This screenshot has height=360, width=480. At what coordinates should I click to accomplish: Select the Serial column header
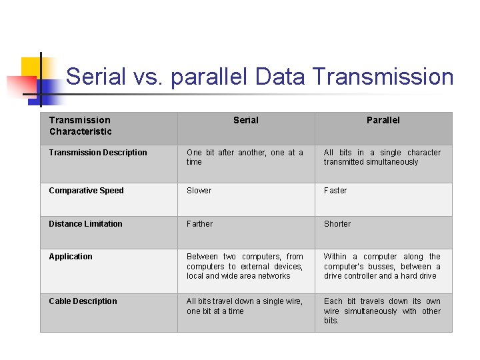point(245,120)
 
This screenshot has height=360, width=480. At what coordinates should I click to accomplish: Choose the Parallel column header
point(383,120)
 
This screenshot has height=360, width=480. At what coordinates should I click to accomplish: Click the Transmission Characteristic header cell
point(80,125)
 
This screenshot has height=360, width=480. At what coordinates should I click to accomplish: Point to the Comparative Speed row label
point(86,191)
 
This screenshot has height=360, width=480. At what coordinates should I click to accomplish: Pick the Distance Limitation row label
point(85,224)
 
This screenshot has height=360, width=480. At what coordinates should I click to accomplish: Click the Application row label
point(71,257)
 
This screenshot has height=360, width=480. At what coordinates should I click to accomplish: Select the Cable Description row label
point(83,301)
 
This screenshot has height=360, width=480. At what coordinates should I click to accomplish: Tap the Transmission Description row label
point(98,153)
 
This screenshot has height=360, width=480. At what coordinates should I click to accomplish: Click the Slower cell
point(199,191)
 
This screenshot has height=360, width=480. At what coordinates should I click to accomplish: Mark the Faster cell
point(335,191)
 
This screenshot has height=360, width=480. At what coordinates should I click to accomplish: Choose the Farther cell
point(199,224)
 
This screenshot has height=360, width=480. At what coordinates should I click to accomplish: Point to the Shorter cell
point(337,224)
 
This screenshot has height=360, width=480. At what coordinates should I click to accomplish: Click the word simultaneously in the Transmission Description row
point(392,162)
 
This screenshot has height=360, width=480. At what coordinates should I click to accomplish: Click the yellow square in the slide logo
point(31,67)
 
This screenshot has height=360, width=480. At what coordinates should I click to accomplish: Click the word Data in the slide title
point(280,77)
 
